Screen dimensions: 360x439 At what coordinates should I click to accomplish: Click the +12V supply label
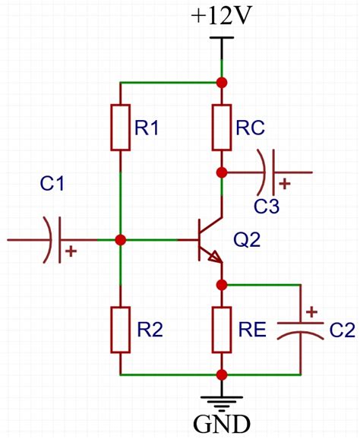point(220,16)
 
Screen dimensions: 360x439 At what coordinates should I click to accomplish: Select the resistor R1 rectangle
point(120,128)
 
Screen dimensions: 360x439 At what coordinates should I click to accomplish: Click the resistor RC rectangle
point(222,128)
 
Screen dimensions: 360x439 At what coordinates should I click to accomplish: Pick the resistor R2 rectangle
point(120,330)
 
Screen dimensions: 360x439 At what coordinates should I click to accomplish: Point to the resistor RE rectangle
point(222,330)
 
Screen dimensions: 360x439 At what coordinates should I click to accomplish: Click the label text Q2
point(247,240)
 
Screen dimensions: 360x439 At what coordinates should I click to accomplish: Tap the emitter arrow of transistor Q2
point(215,257)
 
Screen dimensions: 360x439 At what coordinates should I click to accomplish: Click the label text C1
point(52,184)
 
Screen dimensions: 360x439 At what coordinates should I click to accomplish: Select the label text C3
point(267,206)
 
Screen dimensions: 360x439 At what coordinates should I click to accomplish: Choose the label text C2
point(342,330)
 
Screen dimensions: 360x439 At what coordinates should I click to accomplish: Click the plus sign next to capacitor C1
point(71,251)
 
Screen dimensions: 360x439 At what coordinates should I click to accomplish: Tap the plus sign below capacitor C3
point(285,184)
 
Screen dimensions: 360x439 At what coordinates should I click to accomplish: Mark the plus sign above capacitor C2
point(311,311)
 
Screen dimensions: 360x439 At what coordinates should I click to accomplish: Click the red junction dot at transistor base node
point(121,240)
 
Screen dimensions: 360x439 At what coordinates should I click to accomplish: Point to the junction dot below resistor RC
point(222,172)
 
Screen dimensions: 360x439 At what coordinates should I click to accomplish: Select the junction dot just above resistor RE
point(222,285)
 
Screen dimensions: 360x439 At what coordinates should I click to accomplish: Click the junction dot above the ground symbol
point(222,374)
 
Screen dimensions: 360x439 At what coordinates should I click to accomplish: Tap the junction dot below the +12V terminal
point(222,83)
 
